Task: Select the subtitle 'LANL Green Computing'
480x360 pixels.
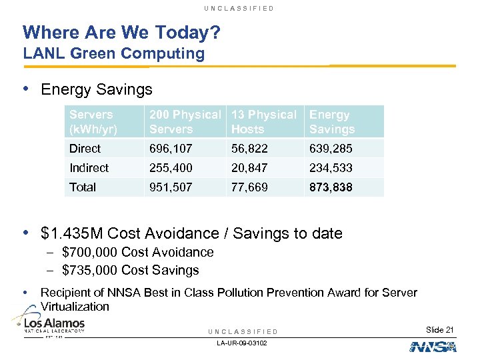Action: click(113, 54)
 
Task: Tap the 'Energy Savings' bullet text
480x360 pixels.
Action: click(97, 89)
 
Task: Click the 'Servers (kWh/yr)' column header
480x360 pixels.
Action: click(92, 122)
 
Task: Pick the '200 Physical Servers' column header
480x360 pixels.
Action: click(185, 122)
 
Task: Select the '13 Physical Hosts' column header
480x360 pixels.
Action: click(264, 122)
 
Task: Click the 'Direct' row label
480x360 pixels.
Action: click(85, 149)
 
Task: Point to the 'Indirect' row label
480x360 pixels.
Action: click(89, 168)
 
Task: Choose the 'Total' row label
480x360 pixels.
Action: click(83, 187)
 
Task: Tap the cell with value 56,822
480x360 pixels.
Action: click(249, 149)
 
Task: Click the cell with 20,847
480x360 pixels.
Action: click(249, 168)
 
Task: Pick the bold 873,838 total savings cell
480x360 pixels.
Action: click(331, 187)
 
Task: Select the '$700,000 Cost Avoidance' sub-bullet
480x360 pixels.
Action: click(137, 252)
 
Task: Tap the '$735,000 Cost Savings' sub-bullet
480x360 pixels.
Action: click(130, 270)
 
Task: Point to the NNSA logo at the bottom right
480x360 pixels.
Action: click(432, 346)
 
